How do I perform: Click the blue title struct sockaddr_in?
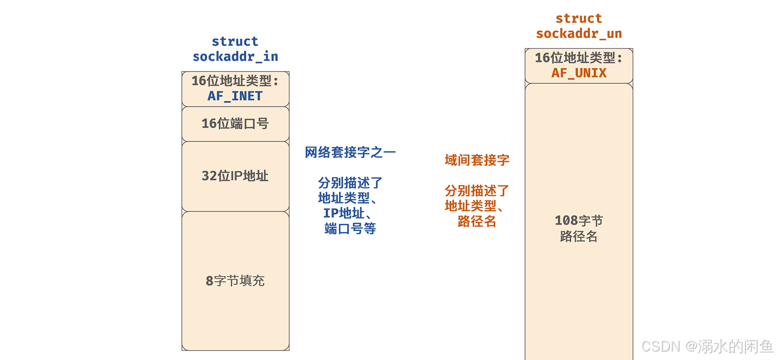click(x=235, y=49)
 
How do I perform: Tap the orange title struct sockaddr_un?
click(x=579, y=26)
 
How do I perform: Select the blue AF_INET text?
click(x=235, y=96)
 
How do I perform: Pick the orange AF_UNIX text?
click(x=579, y=73)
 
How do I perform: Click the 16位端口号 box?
click(x=235, y=124)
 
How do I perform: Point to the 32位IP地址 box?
click(x=235, y=176)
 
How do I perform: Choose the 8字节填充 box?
click(x=235, y=280)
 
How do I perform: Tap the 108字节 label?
click(x=579, y=221)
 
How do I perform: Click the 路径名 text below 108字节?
click(x=579, y=236)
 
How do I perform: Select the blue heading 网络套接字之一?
click(x=350, y=153)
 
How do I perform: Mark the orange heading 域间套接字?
click(x=477, y=160)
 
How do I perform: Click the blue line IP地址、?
click(x=347, y=213)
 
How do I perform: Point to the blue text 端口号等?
click(x=350, y=229)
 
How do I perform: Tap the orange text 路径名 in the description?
click(x=477, y=222)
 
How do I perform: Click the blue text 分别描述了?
click(x=350, y=183)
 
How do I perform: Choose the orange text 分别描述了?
click(x=477, y=190)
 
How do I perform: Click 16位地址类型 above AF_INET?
click(x=235, y=81)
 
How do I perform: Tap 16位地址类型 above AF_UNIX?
click(x=579, y=58)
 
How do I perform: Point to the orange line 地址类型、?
click(x=474, y=206)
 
